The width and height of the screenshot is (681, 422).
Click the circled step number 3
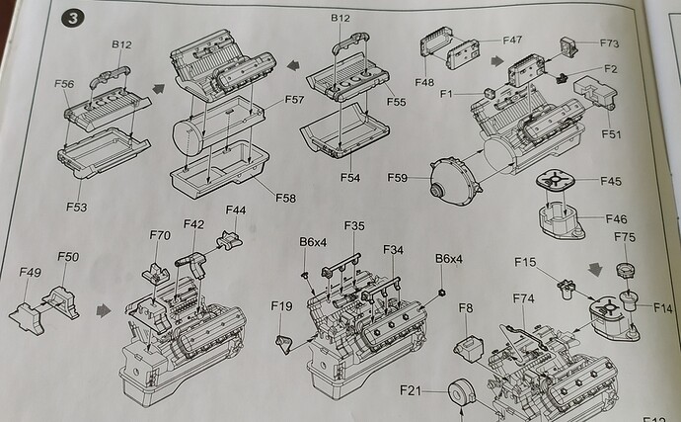point(72,19)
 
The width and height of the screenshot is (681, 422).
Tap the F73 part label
point(608,44)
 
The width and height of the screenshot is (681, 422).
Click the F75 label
point(626,238)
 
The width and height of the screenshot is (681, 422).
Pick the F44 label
point(236,211)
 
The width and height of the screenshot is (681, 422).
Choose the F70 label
point(160,235)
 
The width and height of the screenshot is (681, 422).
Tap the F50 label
point(67,257)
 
